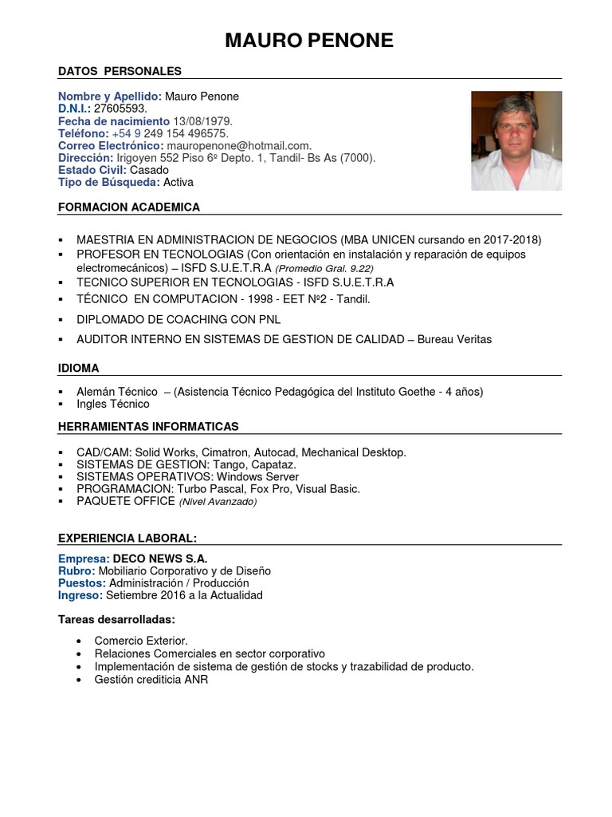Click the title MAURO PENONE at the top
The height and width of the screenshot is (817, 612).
point(309,41)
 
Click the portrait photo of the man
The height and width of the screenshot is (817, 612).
point(516,140)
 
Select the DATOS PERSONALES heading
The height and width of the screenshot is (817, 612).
point(120,71)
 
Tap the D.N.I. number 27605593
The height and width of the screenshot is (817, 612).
point(121,109)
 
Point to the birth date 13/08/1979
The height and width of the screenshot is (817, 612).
point(202,121)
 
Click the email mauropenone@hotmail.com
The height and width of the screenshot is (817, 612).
point(239,146)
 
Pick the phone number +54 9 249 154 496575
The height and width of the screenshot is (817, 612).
point(170,133)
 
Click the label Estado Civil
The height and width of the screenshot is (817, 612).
point(92,170)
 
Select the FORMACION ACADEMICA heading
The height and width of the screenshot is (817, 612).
point(129,207)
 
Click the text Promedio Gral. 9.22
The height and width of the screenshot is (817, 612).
point(324,268)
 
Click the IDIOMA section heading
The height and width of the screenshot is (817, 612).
point(79,369)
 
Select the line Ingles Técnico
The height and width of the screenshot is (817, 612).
point(113,404)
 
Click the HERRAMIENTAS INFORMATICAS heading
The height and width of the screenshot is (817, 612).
point(148,427)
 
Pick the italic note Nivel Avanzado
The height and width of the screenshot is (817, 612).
point(218,502)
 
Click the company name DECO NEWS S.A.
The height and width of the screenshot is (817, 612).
point(160,558)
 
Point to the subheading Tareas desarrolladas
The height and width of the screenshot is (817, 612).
point(117,619)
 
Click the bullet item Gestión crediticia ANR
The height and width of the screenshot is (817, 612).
point(151,680)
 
